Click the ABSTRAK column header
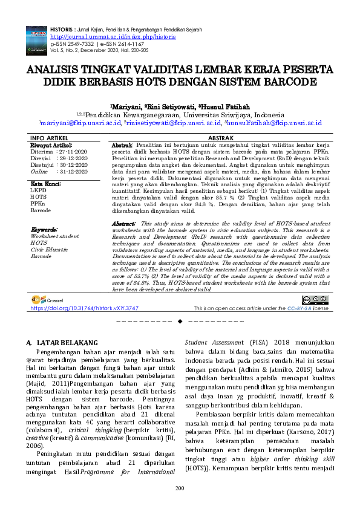[220, 138]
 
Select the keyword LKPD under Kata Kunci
[38, 190]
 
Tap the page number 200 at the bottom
[180, 488]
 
